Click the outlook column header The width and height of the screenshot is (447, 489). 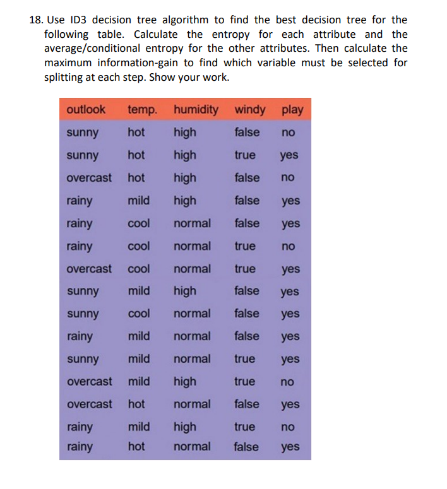[86, 109]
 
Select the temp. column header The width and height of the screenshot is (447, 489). [143, 110]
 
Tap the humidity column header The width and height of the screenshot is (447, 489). [196, 110]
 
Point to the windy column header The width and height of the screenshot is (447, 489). [250, 110]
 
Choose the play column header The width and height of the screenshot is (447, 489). [292, 110]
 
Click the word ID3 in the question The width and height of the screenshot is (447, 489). [77, 21]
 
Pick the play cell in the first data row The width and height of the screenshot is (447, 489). [288, 133]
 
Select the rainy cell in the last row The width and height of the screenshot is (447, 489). [79, 447]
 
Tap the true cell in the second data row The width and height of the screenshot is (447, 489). [245, 155]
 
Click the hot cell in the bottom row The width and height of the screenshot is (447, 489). [136, 447]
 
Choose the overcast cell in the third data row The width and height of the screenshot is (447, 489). [89, 178]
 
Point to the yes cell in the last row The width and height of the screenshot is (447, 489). [290, 447]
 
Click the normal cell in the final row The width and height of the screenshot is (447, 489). [192, 447]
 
